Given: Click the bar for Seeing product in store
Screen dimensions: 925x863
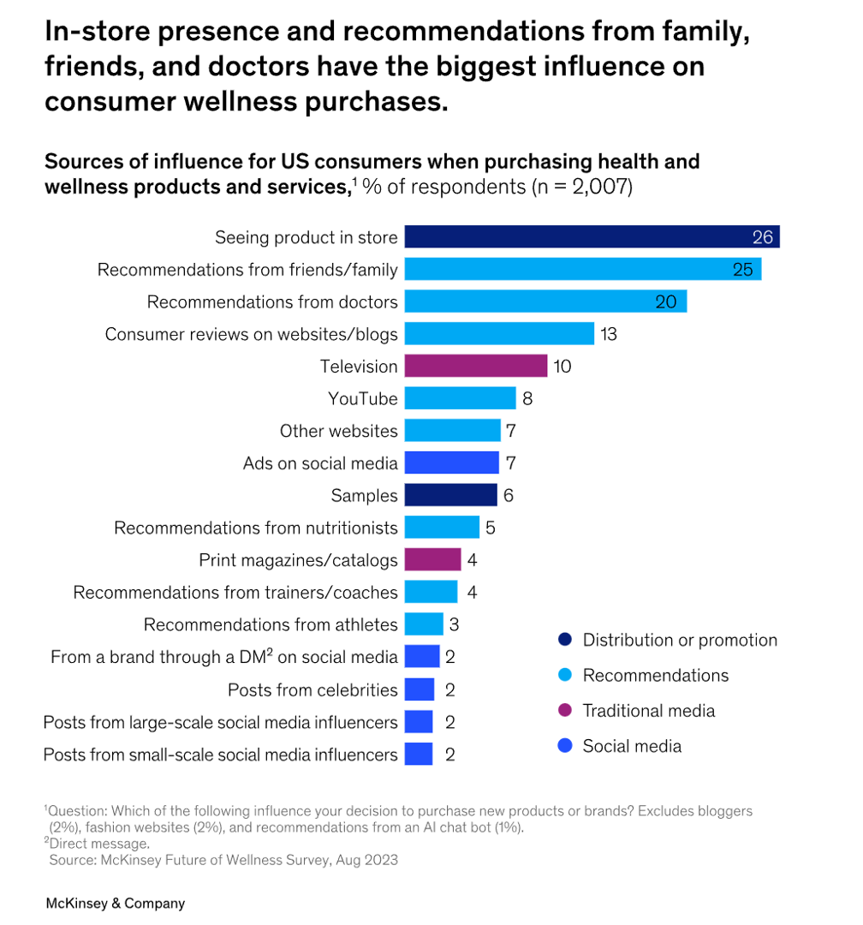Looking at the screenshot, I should click(591, 237).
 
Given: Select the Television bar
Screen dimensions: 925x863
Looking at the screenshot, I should click(475, 367).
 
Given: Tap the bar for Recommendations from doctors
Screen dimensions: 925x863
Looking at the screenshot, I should click(545, 301).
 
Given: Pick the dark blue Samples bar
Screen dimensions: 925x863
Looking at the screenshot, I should click(450, 495).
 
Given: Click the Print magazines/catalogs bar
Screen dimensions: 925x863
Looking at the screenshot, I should click(432, 560).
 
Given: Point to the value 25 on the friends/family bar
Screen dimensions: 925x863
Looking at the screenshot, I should click(742, 270).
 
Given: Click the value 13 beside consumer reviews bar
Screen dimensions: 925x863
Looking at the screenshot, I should click(608, 334).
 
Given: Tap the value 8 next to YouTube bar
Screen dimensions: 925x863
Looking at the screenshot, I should click(527, 398).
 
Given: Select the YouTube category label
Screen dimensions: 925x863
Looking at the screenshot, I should click(363, 399).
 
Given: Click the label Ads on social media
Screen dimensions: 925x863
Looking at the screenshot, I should click(320, 463).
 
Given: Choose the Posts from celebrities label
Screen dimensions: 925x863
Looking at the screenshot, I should click(312, 689).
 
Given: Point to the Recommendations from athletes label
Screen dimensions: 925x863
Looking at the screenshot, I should click(271, 625).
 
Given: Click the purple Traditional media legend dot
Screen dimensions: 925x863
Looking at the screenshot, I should click(563, 711).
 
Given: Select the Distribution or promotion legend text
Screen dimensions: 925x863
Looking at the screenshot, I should click(680, 640).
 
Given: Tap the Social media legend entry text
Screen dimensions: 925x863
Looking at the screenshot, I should click(632, 746).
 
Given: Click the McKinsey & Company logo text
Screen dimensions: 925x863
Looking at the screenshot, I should click(115, 903).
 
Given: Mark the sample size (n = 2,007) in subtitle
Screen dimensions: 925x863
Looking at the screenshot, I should click(582, 187).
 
